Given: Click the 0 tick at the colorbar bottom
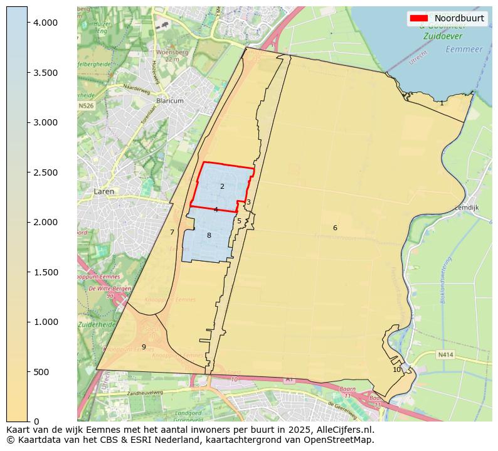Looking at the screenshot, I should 37,422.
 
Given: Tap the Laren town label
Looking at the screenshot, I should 104,191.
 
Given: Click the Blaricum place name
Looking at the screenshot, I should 170,100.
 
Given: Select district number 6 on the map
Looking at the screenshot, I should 335,228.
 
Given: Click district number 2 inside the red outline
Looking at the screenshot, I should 222,186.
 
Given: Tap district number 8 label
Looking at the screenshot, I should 209,235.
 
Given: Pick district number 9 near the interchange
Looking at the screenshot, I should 144,347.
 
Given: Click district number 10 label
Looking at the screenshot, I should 396,369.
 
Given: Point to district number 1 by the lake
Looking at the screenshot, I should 442,103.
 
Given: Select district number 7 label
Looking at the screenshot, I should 172,232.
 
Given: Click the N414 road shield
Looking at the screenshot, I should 445,354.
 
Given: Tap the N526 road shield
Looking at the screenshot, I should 86,106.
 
